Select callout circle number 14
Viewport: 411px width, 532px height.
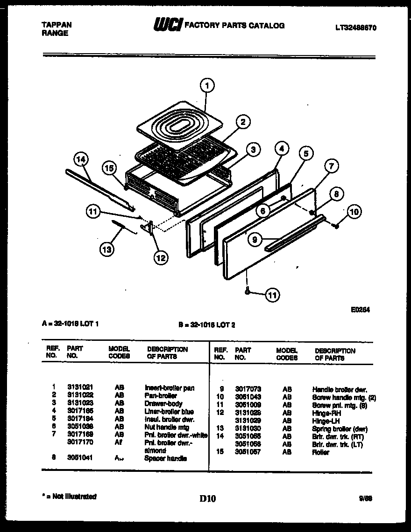81,160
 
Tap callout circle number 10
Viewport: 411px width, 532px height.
354,212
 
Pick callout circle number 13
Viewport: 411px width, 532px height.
107,249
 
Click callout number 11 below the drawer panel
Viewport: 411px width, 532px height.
271,294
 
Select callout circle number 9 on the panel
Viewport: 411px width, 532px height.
255,240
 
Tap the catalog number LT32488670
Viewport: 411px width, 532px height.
355,28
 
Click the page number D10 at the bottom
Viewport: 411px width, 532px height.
208,498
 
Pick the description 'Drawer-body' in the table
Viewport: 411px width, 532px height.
163,404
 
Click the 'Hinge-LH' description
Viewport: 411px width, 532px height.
326,421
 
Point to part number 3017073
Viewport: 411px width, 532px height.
248,389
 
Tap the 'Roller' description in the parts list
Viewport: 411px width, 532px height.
320,452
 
